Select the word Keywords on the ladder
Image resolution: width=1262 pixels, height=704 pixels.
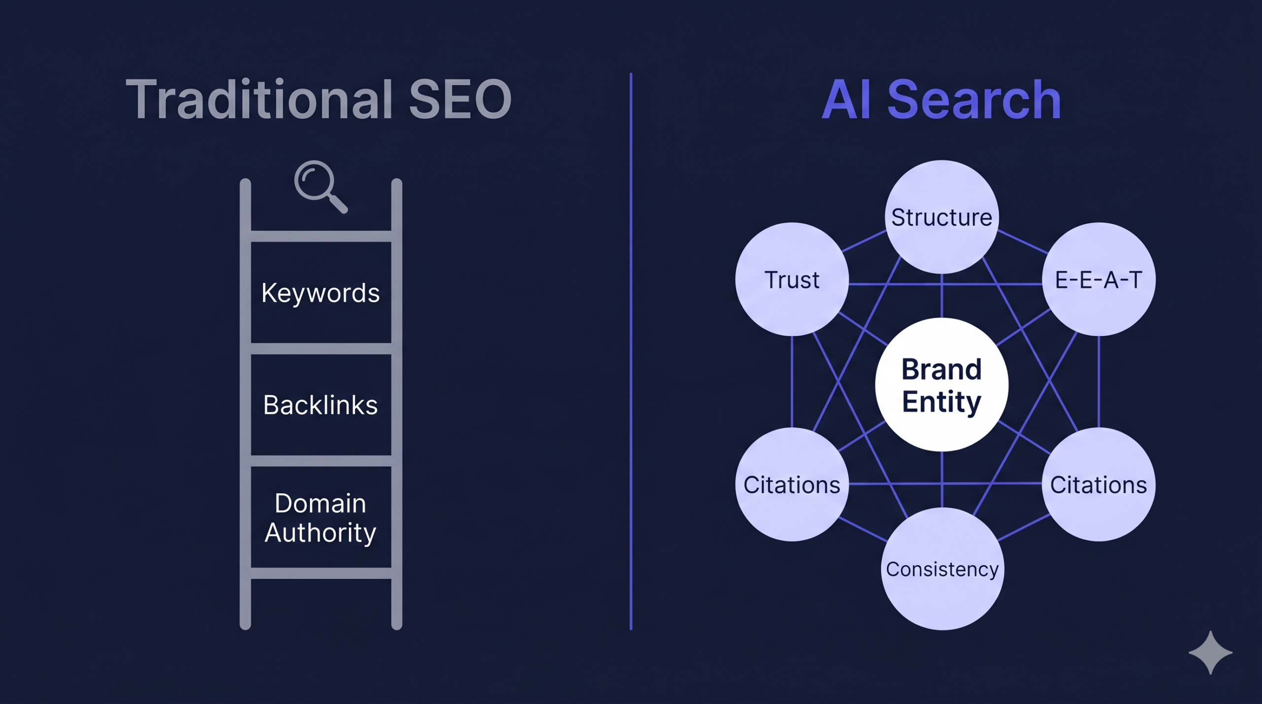pos(320,293)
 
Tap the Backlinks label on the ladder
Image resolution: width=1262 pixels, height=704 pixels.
pos(320,405)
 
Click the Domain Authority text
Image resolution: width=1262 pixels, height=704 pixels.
pos(320,518)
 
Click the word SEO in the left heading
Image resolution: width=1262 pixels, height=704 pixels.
pos(460,100)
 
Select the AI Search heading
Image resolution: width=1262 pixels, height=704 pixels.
pos(941,100)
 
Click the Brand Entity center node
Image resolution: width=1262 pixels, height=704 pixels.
pos(942,385)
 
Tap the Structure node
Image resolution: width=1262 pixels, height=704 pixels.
pos(942,217)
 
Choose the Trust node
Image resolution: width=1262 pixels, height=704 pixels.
pos(792,279)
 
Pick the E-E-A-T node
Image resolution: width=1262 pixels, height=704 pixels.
pos(1098,279)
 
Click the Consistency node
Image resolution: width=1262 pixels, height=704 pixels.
pos(942,569)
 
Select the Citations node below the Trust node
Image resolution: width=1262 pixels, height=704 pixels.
pos(792,485)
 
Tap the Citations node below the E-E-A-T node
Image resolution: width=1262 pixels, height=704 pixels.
pos(1098,485)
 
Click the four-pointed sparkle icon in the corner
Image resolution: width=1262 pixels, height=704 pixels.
pos(1210,652)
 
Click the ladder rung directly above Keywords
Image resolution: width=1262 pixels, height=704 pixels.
pos(321,236)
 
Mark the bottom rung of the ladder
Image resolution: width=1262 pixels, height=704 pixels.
pos(321,573)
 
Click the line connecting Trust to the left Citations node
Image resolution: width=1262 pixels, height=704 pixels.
pos(792,382)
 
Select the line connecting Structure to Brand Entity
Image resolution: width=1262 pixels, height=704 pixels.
pos(942,296)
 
